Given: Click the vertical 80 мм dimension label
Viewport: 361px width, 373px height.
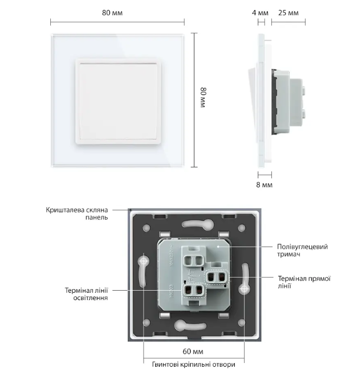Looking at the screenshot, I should [203, 98].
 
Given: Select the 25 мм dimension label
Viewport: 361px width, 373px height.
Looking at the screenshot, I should [288, 12].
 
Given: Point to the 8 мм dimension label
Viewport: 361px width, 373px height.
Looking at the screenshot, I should [265, 185].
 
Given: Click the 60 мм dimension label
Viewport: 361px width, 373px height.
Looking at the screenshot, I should [194, 351].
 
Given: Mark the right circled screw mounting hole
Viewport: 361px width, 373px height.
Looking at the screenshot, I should [244, 289].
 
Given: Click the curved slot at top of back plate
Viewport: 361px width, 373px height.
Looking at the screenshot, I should [193, 225].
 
